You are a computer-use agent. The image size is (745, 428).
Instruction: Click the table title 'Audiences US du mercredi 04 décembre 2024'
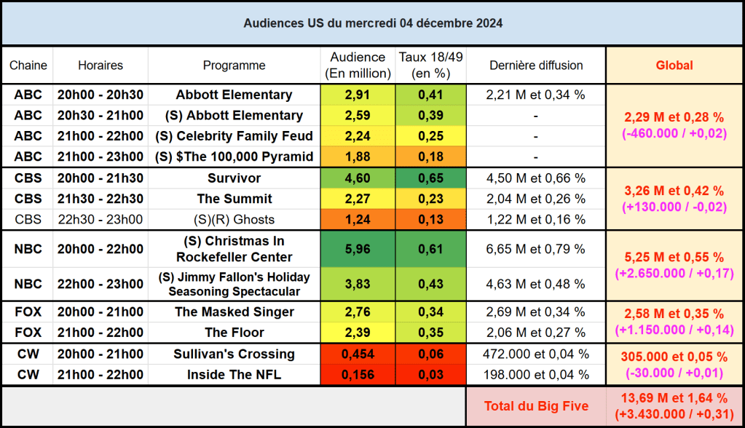click(372, 23)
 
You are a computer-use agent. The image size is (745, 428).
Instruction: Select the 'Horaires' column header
click(100, 66)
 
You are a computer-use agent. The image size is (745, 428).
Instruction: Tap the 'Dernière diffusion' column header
click(536, 66)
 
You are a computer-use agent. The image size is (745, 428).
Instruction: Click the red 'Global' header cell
click(674, 66)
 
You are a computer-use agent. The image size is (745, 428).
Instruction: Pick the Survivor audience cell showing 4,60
click(358, 178)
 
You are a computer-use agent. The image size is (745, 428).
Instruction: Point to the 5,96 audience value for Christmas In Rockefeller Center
click(358, 249)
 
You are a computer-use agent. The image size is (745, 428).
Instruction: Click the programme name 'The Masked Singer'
click(234, 312)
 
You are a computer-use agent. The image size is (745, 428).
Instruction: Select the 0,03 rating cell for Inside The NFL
click(430, 375)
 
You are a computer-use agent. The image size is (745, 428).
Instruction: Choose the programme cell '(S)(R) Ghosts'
click(234, 220)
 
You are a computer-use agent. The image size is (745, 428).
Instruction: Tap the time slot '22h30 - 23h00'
click(100, 220)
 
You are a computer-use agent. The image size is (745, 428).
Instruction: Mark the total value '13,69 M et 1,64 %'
click(674, 398)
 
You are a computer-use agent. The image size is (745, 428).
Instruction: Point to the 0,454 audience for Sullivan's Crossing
click(358, 354)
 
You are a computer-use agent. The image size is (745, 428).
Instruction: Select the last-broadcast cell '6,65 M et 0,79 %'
click(536, 249)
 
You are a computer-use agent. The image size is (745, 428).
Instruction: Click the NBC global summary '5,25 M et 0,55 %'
click(674, 258)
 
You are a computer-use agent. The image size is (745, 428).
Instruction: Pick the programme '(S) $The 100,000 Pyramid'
click(234, 156)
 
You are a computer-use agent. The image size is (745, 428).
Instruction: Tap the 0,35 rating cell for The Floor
click(430, 333)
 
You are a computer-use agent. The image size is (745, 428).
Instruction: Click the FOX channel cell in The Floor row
click(28, 333)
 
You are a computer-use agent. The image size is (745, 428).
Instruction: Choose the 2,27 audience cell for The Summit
click(358, 199)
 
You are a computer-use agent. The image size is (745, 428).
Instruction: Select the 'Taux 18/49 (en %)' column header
click(430, 66)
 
